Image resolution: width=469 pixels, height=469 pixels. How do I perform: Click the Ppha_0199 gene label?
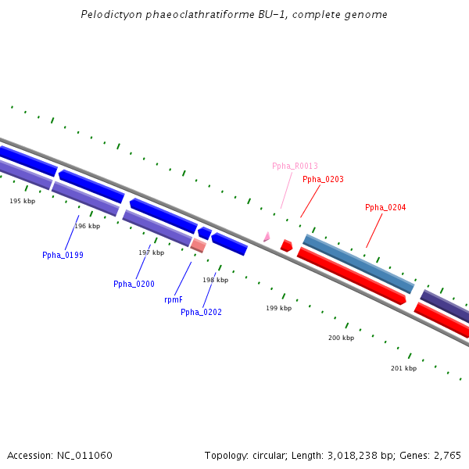[x=63, y=255]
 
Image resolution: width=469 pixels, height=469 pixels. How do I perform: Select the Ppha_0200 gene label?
[x=134, y=284]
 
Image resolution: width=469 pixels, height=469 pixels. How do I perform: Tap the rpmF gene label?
[x=174, y=299]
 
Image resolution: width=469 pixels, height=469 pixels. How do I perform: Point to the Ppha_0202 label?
[x=201, y=312]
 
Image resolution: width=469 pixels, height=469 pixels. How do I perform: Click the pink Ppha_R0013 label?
[x=295, y=166]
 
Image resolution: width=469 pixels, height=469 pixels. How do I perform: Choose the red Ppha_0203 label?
[x=323, y=179]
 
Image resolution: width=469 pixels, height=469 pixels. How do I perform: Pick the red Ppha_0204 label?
[x=385, y=207]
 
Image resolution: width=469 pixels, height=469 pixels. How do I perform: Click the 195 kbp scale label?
[x=22, y=201]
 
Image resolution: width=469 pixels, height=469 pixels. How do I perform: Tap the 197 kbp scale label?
[x=151, y=252]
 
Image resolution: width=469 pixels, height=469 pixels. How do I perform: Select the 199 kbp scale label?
[x=278, y=308]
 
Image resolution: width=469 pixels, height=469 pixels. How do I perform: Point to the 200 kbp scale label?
[x=341, y=338]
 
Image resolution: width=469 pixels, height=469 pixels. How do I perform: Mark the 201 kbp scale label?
[x=403, y=368]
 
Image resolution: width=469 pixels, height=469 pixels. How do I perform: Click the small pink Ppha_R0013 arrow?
[x=267, y=236]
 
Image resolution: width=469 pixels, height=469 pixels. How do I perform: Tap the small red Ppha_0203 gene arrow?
[x=286, y=245]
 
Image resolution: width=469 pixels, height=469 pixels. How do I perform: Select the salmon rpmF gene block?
[x=199, y=245]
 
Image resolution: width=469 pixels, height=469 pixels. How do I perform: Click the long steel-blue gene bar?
[x=358, y=264]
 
